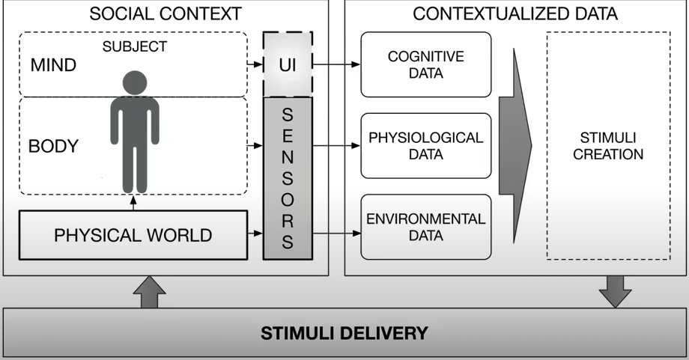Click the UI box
coord(288,64)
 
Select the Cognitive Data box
coord(425,64)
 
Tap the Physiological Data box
coord(425,146)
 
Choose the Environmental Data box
coord(425,226)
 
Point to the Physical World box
coord(133,235)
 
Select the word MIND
coord(53,65)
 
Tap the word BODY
coord(53,146)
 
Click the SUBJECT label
coord(135,46)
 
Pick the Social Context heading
coord(166,13)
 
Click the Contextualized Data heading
coord(515,13)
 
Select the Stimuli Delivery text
coord(344,333)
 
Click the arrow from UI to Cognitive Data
coord(336,65)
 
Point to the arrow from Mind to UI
coord(254,65)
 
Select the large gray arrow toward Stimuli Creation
coord(521,146)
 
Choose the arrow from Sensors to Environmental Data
coord(336,234)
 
